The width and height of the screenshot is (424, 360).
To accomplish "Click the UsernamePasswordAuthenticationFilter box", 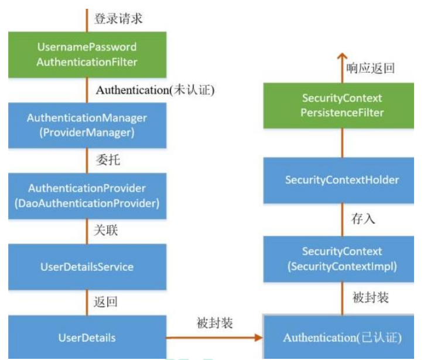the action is point(87,55).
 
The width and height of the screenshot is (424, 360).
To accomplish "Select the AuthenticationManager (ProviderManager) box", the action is point(87,125).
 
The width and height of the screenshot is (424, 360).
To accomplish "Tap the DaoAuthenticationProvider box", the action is point(87,196).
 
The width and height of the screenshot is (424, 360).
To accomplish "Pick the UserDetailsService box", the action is point(87,267).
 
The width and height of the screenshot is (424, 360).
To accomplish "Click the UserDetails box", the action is point(87,337).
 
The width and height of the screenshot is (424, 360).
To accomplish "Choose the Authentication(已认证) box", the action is point(338,337).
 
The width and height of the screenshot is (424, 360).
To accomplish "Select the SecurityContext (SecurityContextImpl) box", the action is point(338,259).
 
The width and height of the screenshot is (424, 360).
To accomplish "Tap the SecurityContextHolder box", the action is point(338,180).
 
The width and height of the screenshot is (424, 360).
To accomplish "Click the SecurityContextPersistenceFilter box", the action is point(338,106).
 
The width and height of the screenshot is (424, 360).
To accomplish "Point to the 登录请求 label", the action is point(118,19).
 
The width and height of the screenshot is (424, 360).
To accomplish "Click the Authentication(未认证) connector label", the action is point(155,90).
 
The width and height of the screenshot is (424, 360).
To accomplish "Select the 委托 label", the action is point(108,159).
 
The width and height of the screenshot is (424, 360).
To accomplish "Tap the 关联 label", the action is point(106,230).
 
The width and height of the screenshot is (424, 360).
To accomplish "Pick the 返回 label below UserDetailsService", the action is point(105,302).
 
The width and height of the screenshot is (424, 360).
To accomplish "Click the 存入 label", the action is point(363,219).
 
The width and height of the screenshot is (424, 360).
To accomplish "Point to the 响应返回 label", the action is point(371,68).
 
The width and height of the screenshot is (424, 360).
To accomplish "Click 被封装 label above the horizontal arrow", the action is point(215,323).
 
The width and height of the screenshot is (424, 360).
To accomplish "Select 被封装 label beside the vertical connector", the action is point(371,297).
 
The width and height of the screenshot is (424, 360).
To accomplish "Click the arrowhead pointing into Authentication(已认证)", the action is point(259,338).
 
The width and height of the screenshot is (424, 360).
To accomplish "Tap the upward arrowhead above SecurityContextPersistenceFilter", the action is point(342,56).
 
